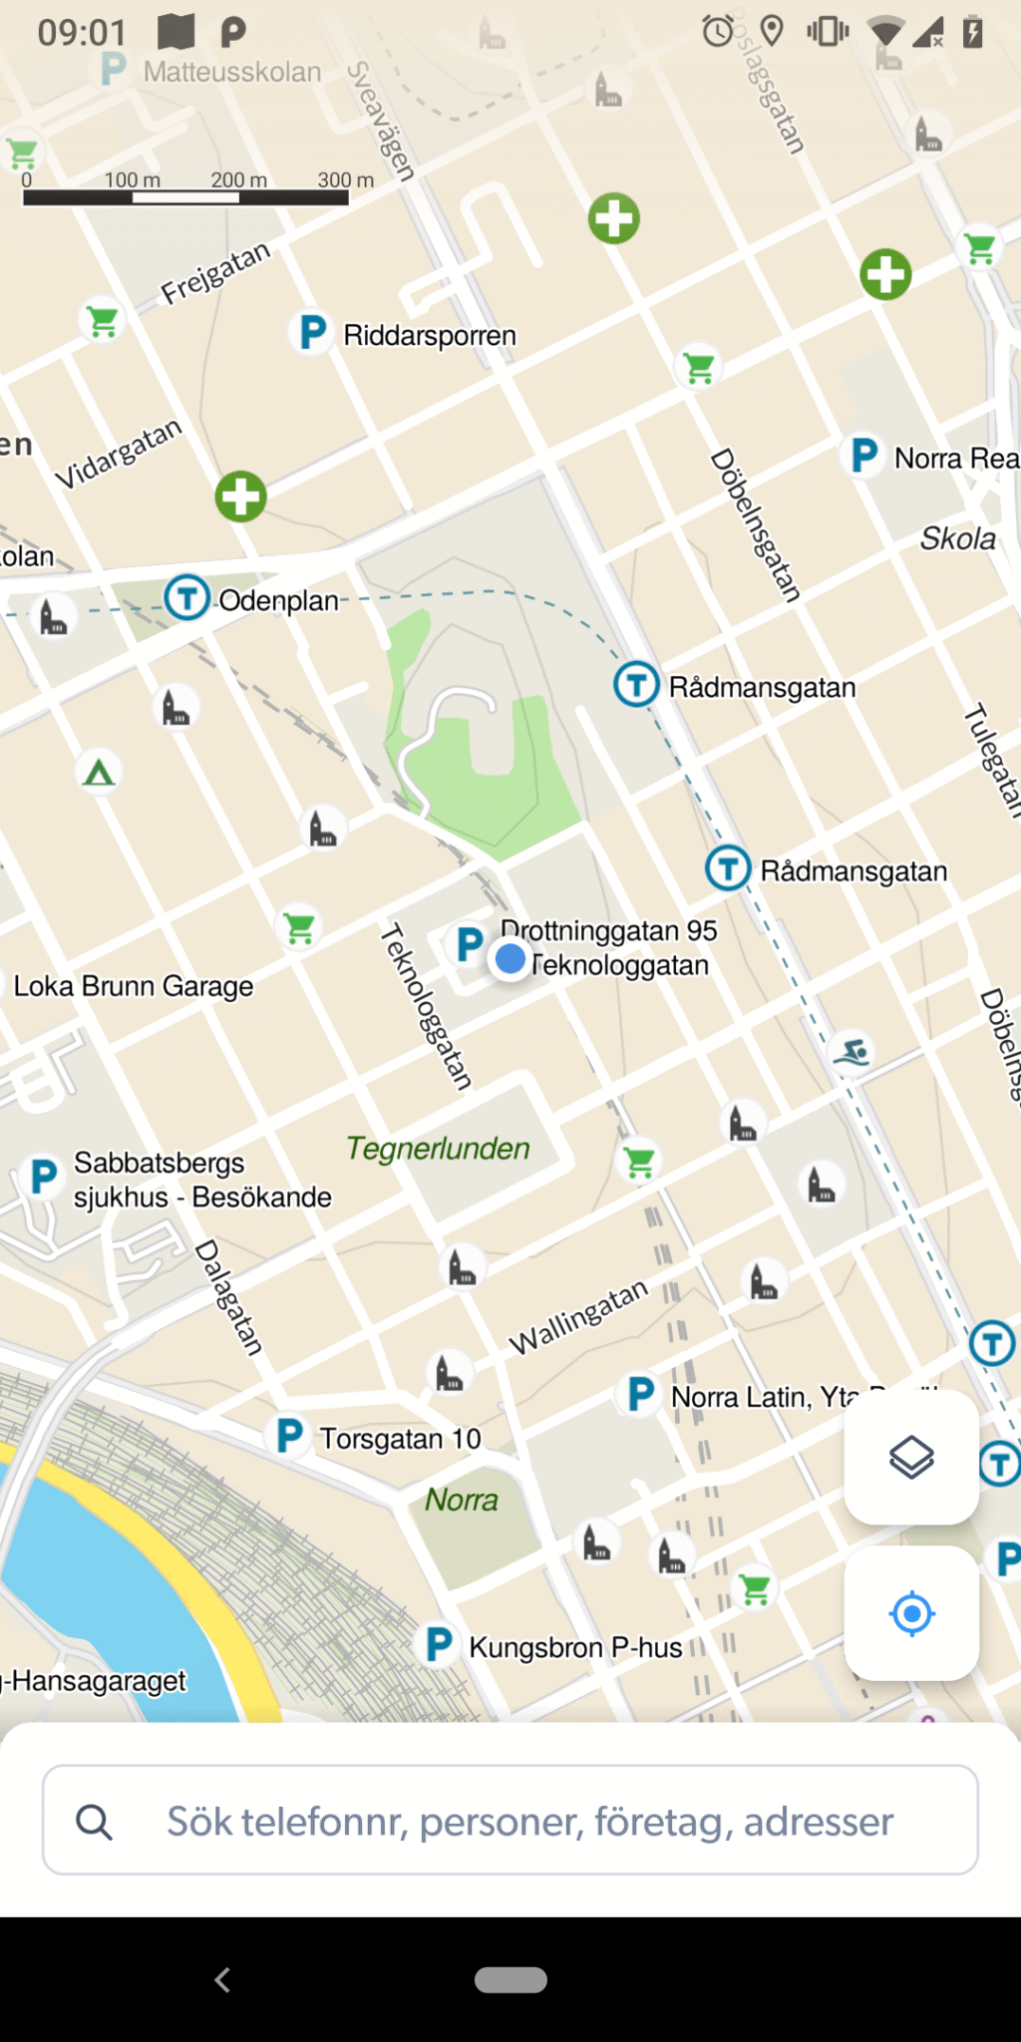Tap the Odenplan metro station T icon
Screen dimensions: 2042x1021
click(186, 598)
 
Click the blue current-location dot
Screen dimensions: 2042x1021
click(510, 959)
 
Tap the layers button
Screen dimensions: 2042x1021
click(911, 1458)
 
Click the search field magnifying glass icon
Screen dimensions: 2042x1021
click(94, 1822)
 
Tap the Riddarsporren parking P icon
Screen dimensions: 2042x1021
click(312, 332)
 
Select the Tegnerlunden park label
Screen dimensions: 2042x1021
click(438, 1149)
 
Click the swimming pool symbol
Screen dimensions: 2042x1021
click(852, 1052)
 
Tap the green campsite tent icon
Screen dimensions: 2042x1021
click(99, 772)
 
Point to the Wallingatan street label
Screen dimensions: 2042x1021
click(578, 1317)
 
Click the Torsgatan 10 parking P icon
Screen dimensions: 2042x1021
click(289, 1436)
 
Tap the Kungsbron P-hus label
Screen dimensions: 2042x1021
click(575, 1647)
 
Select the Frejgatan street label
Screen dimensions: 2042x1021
click(215, 272)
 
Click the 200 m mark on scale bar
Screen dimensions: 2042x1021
click(239, 181)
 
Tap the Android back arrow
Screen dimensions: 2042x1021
click(222, 1979)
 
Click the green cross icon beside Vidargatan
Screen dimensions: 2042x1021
click(241, 497)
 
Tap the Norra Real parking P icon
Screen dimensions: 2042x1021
click(863, 456)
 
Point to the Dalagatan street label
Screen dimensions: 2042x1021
click(229, 1297)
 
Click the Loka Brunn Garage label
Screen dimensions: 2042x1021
click(133, 986)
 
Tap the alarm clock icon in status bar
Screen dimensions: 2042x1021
click(717, 31)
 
